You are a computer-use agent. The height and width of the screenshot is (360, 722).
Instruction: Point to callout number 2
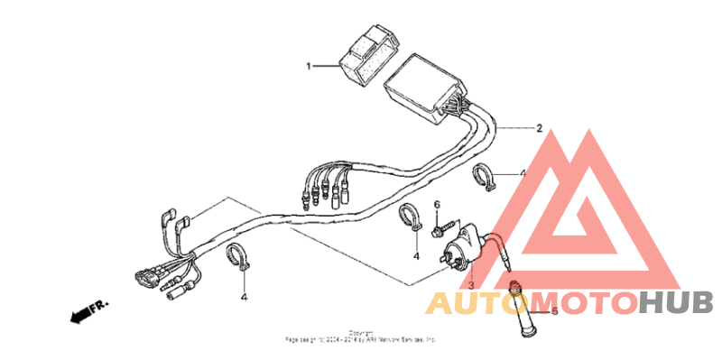(x=539, y=129)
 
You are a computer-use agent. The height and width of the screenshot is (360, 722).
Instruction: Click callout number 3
(x=470, y=284)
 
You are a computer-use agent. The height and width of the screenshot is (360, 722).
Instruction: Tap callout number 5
(x=554, y=311)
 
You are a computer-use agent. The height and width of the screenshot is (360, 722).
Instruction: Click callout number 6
(x=437, y=206)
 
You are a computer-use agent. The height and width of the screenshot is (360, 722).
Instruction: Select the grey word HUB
(x=676, y=302)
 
